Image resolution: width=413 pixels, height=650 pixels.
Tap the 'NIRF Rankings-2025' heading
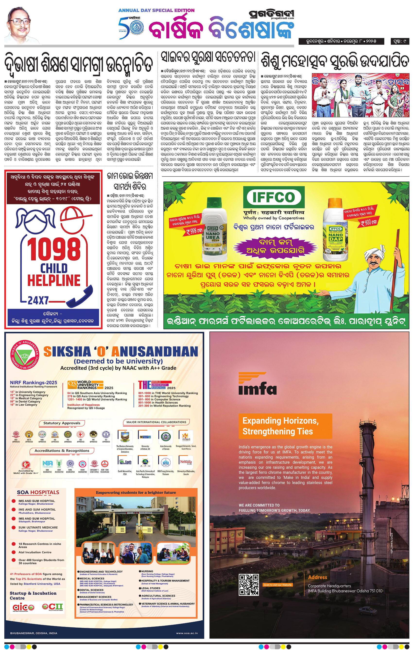[x=34, y=382]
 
